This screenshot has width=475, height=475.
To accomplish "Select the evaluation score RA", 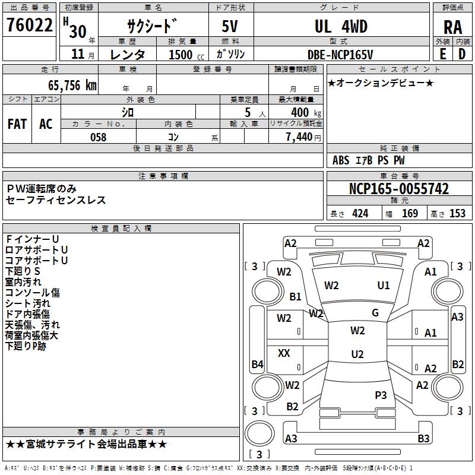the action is pos(452,27).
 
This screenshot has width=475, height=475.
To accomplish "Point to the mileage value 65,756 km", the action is pos(66,85).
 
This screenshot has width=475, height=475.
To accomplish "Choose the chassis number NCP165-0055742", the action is pos(398,189).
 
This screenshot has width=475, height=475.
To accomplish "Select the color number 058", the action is pos(98,137).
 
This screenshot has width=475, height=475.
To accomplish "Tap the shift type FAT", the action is pos(17,124).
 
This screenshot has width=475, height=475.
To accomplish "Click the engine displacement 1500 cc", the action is pos(180,55).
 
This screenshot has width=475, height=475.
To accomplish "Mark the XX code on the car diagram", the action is pos(284,353).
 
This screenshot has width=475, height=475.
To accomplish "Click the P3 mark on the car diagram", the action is pos(381,395).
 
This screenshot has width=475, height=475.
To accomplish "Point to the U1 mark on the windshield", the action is pos(384,286).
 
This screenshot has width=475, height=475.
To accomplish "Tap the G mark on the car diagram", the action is pos(375,313).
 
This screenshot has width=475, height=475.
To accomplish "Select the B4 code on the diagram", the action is pos(257,365).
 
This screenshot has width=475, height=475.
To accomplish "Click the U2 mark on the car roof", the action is pos(357,354).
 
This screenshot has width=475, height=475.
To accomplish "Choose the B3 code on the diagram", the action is pos(423,439).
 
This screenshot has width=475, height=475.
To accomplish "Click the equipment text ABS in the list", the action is pos(341,160).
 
